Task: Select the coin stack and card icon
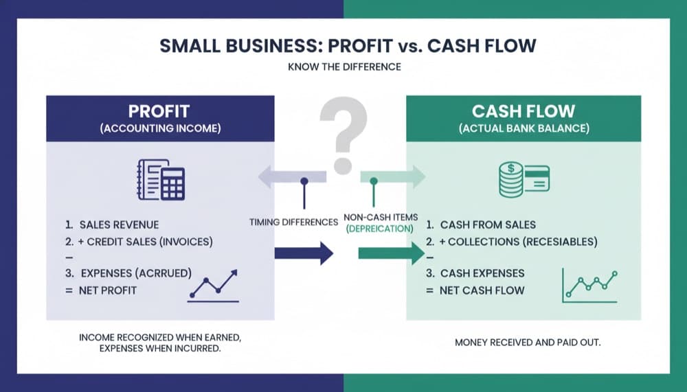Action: point(523,180)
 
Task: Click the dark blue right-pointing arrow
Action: point(303,253)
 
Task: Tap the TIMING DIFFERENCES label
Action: point(293,222)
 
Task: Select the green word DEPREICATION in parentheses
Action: point(379,229)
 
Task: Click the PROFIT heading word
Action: point(159,111)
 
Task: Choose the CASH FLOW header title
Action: point(523,111)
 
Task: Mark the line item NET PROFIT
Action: point(108,290)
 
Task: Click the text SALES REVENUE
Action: point(119,224)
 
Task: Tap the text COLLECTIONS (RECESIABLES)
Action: point(519,242)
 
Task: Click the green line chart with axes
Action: point(589,284)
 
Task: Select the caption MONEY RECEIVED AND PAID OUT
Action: point(528,342)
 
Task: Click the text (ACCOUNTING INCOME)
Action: point(159,128)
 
